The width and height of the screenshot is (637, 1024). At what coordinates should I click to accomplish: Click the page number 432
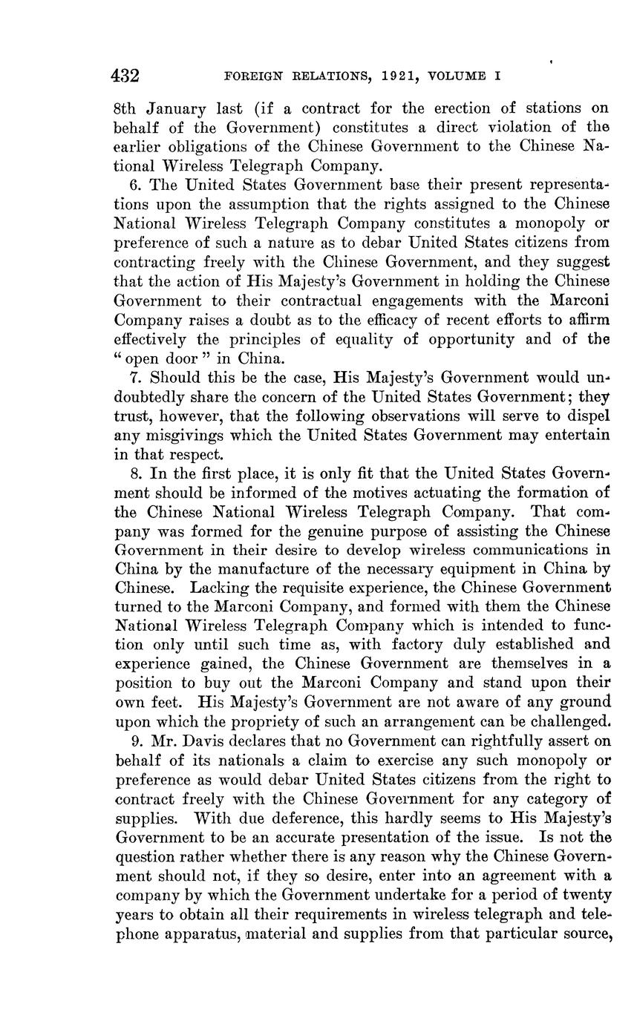[125, 76]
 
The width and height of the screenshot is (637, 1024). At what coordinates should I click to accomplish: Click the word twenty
[584, 895]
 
